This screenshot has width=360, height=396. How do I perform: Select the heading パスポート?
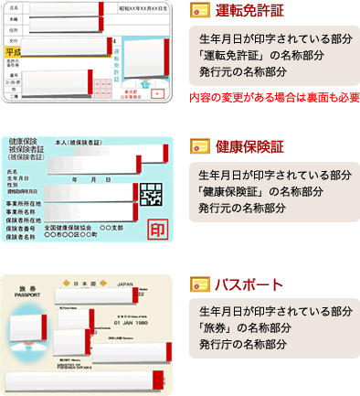[238, 283]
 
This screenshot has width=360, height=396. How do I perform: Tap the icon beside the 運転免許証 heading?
[196, 12]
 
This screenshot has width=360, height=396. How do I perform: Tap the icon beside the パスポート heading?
[196, 283]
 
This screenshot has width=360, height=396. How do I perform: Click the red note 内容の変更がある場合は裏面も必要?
[274, 97]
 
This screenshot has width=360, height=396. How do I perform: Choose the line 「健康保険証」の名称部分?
[259, 191]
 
